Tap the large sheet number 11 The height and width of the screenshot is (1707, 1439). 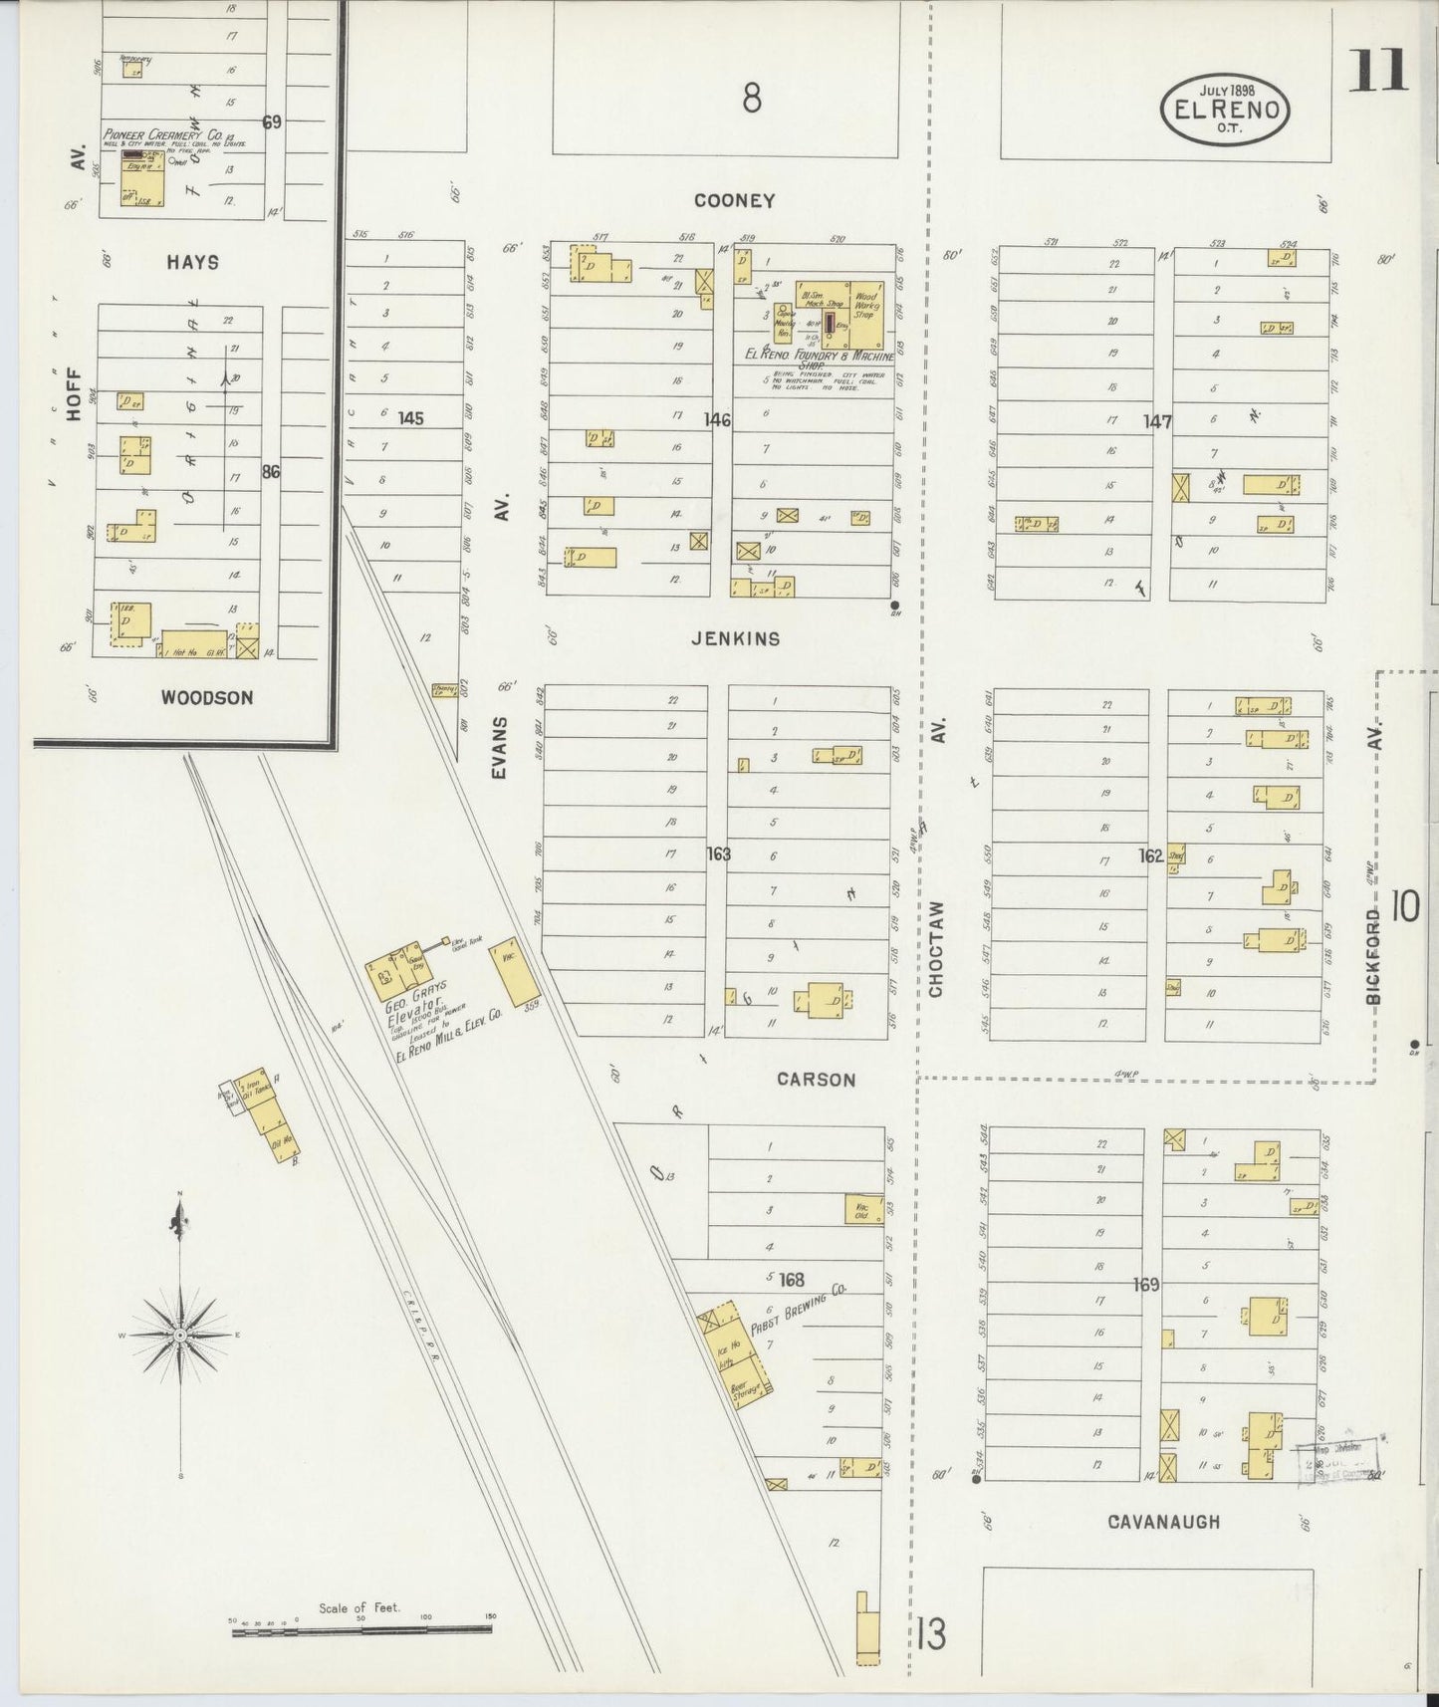pyautogui.click(x=1378, y=70)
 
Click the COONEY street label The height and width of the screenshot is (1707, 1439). pyautogui.click(x=735, y=200)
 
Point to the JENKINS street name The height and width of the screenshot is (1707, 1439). pyautogui.click(x=736, y=638)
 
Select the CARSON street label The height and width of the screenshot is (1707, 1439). pyautogui.click(x=816, y=1080)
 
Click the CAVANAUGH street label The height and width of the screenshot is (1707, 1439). pyautogui.click(x=1163, y=1521)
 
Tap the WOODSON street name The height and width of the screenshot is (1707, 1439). pyautogui.click(x=207, y=697)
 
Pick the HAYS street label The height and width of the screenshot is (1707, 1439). pyautogui.click(x=193, y=262)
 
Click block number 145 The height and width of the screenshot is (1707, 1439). pyautogui.click(x=410, y=418)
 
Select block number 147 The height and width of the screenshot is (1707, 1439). pyautogui.click(x=1157, y=421)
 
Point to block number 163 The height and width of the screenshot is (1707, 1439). pyautogui.click(x=718, y=853)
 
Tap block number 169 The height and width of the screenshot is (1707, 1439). pyautogui.click(x=1146, y=1285)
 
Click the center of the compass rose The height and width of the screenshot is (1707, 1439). pyautogui.click(x=179, y=1335)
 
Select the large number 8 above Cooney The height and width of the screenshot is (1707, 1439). pyautogui.click(x=751, y=98)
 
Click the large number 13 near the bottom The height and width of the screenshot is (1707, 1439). pyautogui.click(x=932, y=1633)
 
